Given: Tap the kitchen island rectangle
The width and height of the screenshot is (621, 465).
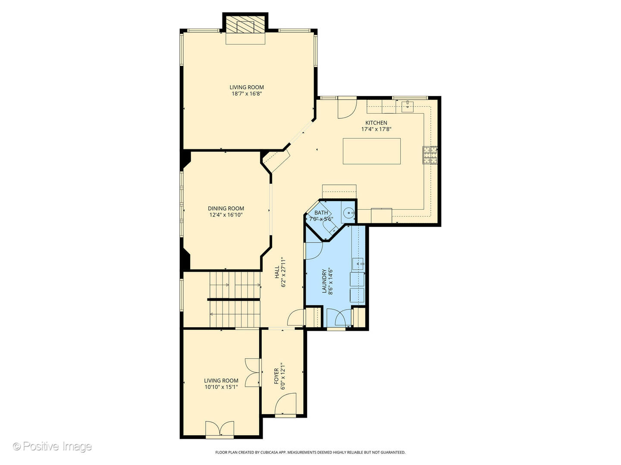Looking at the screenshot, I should [371, 151].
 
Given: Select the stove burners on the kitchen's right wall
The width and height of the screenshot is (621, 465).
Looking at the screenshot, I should [430, 155].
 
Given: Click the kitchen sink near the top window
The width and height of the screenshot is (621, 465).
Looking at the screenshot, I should [407, 105].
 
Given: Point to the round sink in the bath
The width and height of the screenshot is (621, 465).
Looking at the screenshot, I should [349, 212].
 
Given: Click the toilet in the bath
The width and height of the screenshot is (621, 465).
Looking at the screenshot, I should [329, 227].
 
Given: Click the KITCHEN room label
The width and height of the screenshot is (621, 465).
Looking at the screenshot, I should [376, 123].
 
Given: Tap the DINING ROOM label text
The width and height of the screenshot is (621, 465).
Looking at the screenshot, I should [226, 208].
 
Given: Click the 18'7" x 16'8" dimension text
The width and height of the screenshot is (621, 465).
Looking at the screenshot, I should [247, 93].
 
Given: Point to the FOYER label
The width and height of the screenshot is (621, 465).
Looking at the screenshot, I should [276, 376].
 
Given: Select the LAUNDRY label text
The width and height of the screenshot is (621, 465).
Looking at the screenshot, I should [324, 281].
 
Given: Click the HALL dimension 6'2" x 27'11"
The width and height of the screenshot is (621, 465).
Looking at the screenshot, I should [284, 272].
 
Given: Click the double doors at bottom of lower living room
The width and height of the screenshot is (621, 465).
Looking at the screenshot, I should [220, 430].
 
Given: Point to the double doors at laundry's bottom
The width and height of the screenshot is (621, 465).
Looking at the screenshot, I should [336, 319].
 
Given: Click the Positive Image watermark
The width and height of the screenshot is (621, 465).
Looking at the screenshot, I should [52, 446].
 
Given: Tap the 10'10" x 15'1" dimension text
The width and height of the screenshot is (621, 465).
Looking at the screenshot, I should [221, 387].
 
